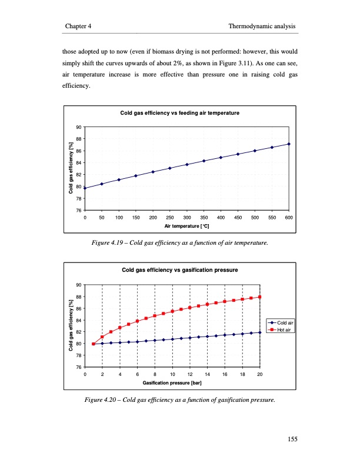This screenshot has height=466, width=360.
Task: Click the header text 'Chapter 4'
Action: pos(78,27)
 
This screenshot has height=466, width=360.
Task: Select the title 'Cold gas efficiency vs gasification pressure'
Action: pos(179,270)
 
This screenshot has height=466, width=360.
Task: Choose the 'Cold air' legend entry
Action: pos(282,323)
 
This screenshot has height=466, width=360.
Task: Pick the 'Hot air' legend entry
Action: pos(281,329)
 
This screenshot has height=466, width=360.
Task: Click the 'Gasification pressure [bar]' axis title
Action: pos(172,382)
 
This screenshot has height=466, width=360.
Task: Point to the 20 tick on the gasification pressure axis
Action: pos(260,375)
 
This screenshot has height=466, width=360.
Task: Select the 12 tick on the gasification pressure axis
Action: pos(190,375)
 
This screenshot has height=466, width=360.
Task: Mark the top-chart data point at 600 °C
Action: pos(289,144)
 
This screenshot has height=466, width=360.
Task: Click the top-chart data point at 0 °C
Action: pos(85,188)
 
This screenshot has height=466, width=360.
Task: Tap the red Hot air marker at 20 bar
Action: pos(260,297)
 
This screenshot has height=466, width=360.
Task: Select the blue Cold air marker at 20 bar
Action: pos(260,332)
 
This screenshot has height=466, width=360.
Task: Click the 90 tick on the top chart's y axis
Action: pos(79,128)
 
